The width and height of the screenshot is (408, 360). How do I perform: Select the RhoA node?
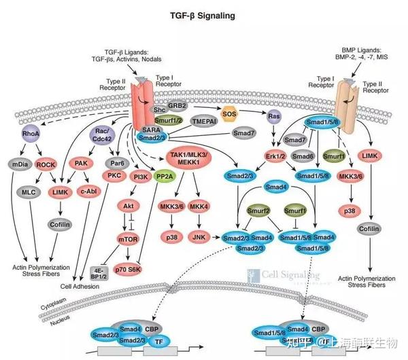click(x=31, y=134)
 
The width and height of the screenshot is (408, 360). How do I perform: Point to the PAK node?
click(x=80, y=164)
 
